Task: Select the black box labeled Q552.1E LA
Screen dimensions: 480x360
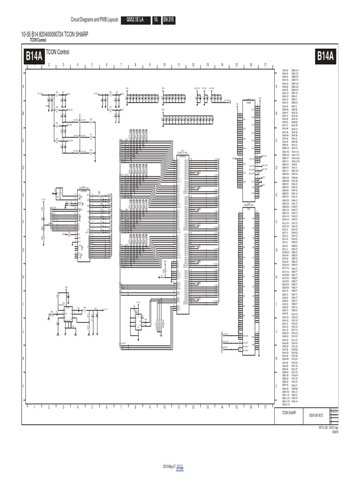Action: tap(135, 20)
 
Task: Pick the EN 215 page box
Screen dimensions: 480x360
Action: tap(168, 20)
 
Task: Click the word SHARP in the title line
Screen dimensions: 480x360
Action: tap(81, 35)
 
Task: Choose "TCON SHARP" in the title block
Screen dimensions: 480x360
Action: tap(289, 412)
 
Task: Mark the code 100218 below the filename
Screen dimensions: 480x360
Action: tap(335, 432)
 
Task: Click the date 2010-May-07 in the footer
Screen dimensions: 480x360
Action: tap(169, 467)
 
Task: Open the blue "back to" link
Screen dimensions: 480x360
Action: tap(180, 466)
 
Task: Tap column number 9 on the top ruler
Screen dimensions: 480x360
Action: tap(150, 65)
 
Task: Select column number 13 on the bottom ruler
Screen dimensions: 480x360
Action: tap(208, 407)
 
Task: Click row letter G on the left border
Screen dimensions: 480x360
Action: tap(23, 249)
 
